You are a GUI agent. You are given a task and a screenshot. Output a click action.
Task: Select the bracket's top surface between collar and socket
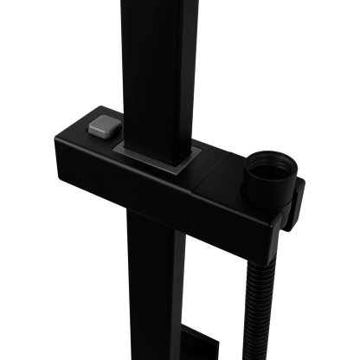click(221, 164)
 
